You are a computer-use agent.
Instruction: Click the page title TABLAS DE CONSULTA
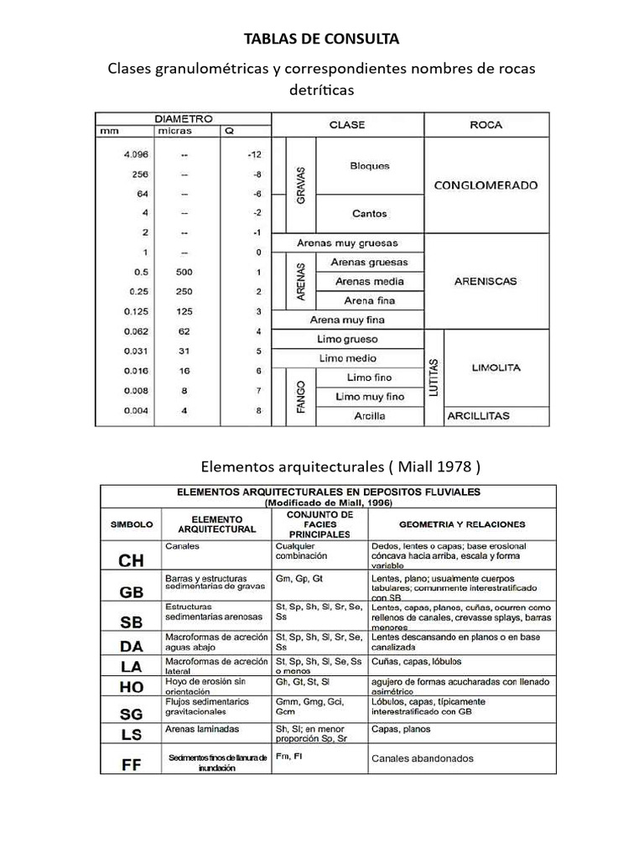[x=321, y=39]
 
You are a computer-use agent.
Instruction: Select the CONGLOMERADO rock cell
[x=486, y=185]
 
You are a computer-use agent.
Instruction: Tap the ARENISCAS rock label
[x=486, y=282]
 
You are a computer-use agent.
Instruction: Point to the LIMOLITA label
[x=496, y=367]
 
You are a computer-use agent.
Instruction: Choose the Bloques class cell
[x=370, y=166]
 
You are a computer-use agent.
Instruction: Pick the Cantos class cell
[x=370, y=214]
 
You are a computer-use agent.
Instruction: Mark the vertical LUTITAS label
[x=434, y=377]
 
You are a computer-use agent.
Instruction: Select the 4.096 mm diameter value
[x=134, y=155]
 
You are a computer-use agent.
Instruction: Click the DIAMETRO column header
[x=183, y=119]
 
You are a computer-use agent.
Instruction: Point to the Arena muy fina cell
[x=347, y=320]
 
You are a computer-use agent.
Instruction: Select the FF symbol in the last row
[x=132, y=763]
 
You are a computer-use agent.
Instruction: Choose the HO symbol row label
[x=132, y=686]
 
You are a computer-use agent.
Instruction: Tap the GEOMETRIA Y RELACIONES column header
[x=462, y=524]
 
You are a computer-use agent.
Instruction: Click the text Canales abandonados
[x=422, y=758]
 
